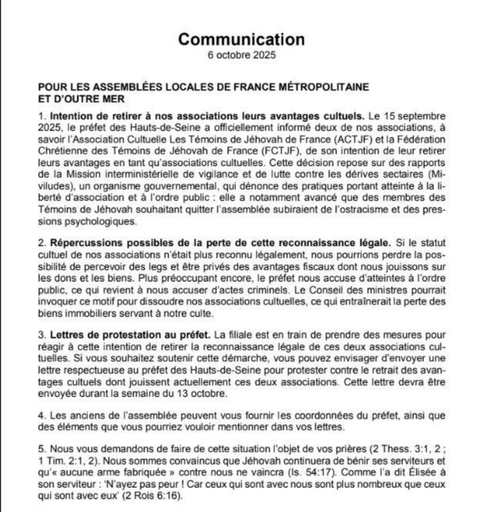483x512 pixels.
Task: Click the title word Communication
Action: [241, 39]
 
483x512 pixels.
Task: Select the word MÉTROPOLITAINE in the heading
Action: [324, 87]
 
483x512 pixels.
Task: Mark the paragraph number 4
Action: [40, 416]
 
